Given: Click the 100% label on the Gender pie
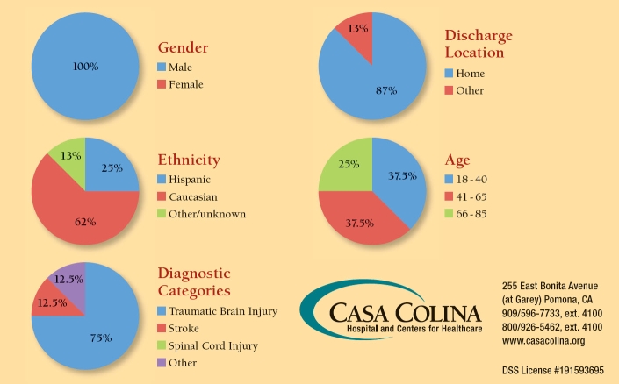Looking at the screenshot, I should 84,66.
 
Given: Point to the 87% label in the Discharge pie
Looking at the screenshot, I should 386,90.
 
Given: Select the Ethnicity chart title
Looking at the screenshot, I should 188,160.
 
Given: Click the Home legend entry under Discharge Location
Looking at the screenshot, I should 470,74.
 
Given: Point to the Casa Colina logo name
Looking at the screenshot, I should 406,313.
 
